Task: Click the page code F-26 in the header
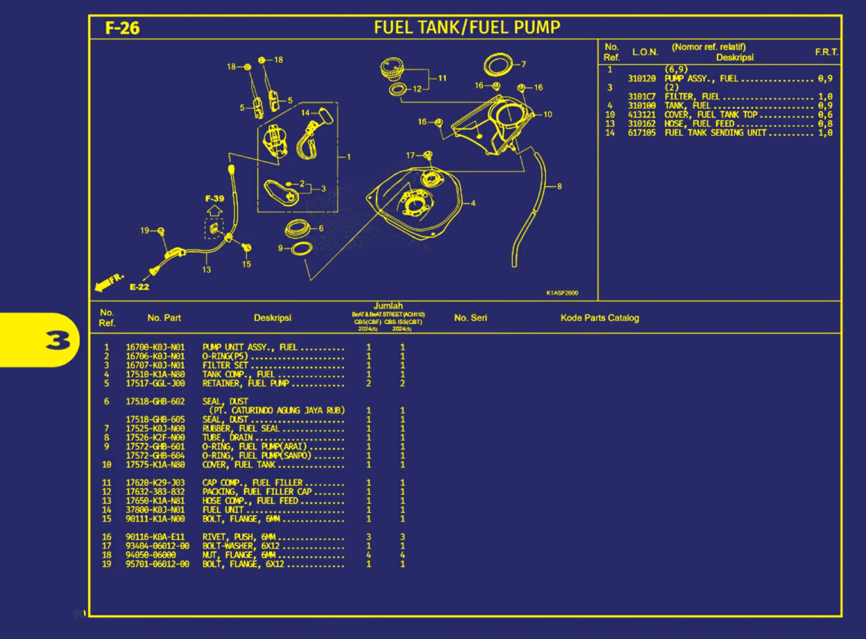pos(122,28)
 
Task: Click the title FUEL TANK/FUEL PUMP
pos(466,27)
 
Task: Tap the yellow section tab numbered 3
pos(57,340)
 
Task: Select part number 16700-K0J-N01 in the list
pos(155,347)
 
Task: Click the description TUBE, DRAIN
pos(227,437)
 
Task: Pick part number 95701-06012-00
pos(157,564)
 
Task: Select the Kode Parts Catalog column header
pos(599,318)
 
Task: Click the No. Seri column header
pos(470,318)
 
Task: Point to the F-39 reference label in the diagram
pos(214,198)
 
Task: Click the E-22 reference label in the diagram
pos(139,287)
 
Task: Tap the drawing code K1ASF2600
pos(562,293)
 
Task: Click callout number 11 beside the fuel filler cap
pos(442,78)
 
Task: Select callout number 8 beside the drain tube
pos(559,186)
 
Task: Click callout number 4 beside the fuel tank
pos(473,203)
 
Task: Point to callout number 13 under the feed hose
pos(206,270)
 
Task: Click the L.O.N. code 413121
pos(641,115)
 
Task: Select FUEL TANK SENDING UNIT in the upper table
pos(715,133)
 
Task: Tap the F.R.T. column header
pos(826,52)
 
